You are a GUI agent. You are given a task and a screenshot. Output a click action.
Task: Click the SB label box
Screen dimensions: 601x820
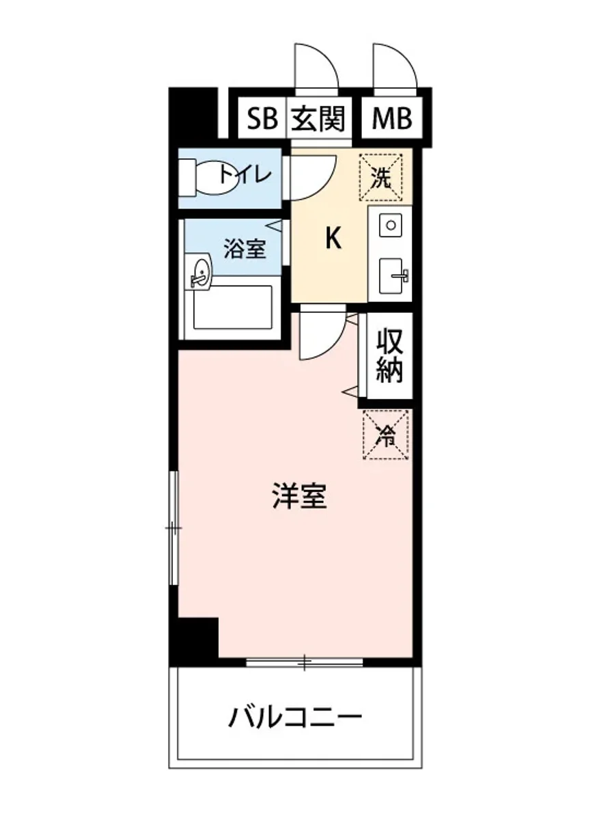[262, 118]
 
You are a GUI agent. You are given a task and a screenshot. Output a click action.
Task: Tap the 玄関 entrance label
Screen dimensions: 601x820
[318, 119]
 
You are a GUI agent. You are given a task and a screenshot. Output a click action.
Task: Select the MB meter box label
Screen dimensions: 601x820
[391, 118]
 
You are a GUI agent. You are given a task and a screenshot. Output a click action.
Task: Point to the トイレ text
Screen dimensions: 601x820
[245, 175]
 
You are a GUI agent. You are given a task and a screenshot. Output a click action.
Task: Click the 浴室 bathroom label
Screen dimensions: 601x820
[244, 249]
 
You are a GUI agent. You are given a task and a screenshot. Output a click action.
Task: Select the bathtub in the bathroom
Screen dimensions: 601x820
[233, 307]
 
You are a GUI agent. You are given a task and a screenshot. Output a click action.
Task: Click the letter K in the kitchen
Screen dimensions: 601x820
[333, 237]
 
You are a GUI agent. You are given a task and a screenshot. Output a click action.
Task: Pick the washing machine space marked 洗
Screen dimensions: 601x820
[381, 178]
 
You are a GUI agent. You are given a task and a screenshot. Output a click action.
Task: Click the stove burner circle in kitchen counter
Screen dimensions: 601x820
[391, 224]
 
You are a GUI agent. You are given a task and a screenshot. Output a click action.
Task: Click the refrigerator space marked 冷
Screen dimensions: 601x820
[386, 435]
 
